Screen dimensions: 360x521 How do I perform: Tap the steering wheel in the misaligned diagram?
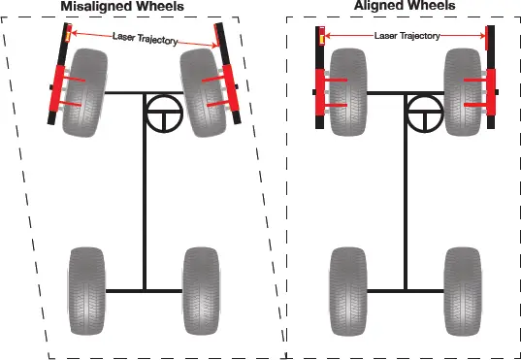click(x=164, y=115)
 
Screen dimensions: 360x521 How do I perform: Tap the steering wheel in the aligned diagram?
click(x=422, y=115)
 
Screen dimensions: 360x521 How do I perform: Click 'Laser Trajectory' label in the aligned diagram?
click(x=407, y=36)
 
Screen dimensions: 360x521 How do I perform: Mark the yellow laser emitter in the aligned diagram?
click(x=320, y=37)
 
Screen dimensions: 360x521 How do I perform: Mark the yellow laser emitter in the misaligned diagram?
click(x=66, y=35)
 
